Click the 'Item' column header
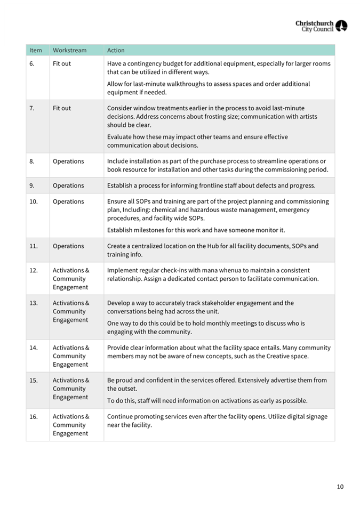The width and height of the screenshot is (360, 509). point(36,51)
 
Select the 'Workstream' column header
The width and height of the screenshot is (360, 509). point(69,51)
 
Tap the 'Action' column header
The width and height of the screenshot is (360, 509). point(116,51)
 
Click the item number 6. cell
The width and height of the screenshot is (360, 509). point(32,63)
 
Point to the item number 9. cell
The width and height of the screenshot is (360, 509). point(33,186)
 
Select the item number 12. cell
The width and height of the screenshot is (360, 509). point(34,271)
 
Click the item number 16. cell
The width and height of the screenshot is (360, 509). point(34,417)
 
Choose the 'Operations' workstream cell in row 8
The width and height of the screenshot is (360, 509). point(68,161)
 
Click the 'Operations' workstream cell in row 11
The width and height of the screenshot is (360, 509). point(68,246)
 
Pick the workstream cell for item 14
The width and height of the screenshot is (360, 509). point(71,356)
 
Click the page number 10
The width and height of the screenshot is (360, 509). point(340,487)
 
